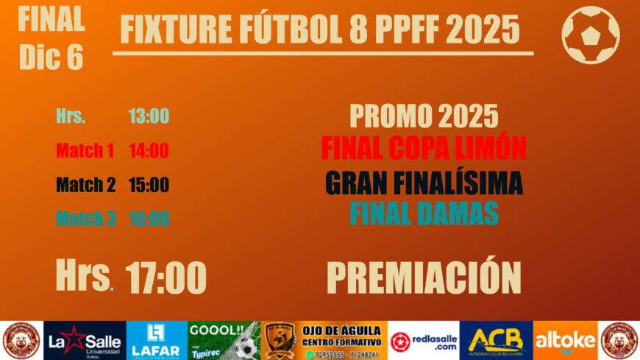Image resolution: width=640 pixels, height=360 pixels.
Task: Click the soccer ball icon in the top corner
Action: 590,35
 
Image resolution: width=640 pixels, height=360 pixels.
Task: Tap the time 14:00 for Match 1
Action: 149,151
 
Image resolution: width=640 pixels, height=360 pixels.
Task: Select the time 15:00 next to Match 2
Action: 149,185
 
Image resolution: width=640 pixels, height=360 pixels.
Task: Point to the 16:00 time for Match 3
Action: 149,219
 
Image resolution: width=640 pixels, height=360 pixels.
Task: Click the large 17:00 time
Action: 166,278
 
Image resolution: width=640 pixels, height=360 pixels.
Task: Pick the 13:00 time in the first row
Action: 149,116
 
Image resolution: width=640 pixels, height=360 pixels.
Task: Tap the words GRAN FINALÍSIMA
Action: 424,183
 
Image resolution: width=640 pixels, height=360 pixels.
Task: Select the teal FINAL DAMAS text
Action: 424,213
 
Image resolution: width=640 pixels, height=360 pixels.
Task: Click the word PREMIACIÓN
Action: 424,277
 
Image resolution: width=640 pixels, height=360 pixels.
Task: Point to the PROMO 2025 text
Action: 424,116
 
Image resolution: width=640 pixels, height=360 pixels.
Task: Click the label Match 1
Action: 85,151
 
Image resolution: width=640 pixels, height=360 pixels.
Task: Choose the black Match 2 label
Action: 85,185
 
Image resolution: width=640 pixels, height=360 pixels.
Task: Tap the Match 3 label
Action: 85,219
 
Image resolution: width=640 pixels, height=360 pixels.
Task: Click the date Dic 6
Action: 51,58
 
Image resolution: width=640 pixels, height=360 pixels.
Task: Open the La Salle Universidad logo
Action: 85,340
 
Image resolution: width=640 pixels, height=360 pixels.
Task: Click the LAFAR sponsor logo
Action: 156,340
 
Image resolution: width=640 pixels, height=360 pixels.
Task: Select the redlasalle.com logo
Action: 423,340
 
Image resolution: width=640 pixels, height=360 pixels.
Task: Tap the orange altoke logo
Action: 565,340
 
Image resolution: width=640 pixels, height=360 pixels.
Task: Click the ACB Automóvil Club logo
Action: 496,340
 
